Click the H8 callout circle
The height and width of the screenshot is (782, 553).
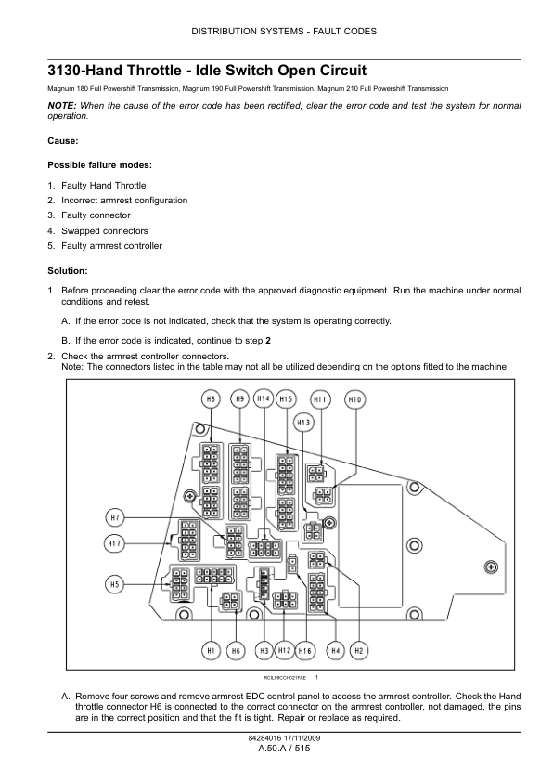tap(211, 399)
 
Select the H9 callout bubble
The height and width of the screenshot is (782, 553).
tap(240, 399)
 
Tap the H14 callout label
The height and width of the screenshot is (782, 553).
tap(264, 398)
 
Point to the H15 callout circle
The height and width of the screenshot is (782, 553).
tap(286, 399)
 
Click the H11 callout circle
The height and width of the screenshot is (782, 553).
tap(320, 399)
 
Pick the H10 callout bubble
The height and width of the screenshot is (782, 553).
tap(354, 399)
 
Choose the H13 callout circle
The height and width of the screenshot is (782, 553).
tap(303, 423)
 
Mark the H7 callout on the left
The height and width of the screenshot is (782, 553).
tap(115, 517)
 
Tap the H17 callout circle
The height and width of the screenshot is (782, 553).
tap(114, 543)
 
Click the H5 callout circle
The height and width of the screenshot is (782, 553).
tap(115, 584)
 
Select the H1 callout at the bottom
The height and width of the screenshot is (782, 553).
tap(212, 651)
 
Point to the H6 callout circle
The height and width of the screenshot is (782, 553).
tap(236, 651)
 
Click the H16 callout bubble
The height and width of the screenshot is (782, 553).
tap(304, 651)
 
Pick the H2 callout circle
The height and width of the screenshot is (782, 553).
tap(359, 651)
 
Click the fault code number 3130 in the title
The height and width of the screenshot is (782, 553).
tap(63, 71)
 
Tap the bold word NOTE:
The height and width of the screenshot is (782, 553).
tap(62, 106)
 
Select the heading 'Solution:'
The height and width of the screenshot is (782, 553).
tap(67, 271)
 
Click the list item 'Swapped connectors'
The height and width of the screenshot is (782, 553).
tap(105, 231)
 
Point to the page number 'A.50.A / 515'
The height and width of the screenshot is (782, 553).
tap(285, 748)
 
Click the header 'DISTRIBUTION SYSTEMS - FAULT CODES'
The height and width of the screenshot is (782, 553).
tap(284, 32)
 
